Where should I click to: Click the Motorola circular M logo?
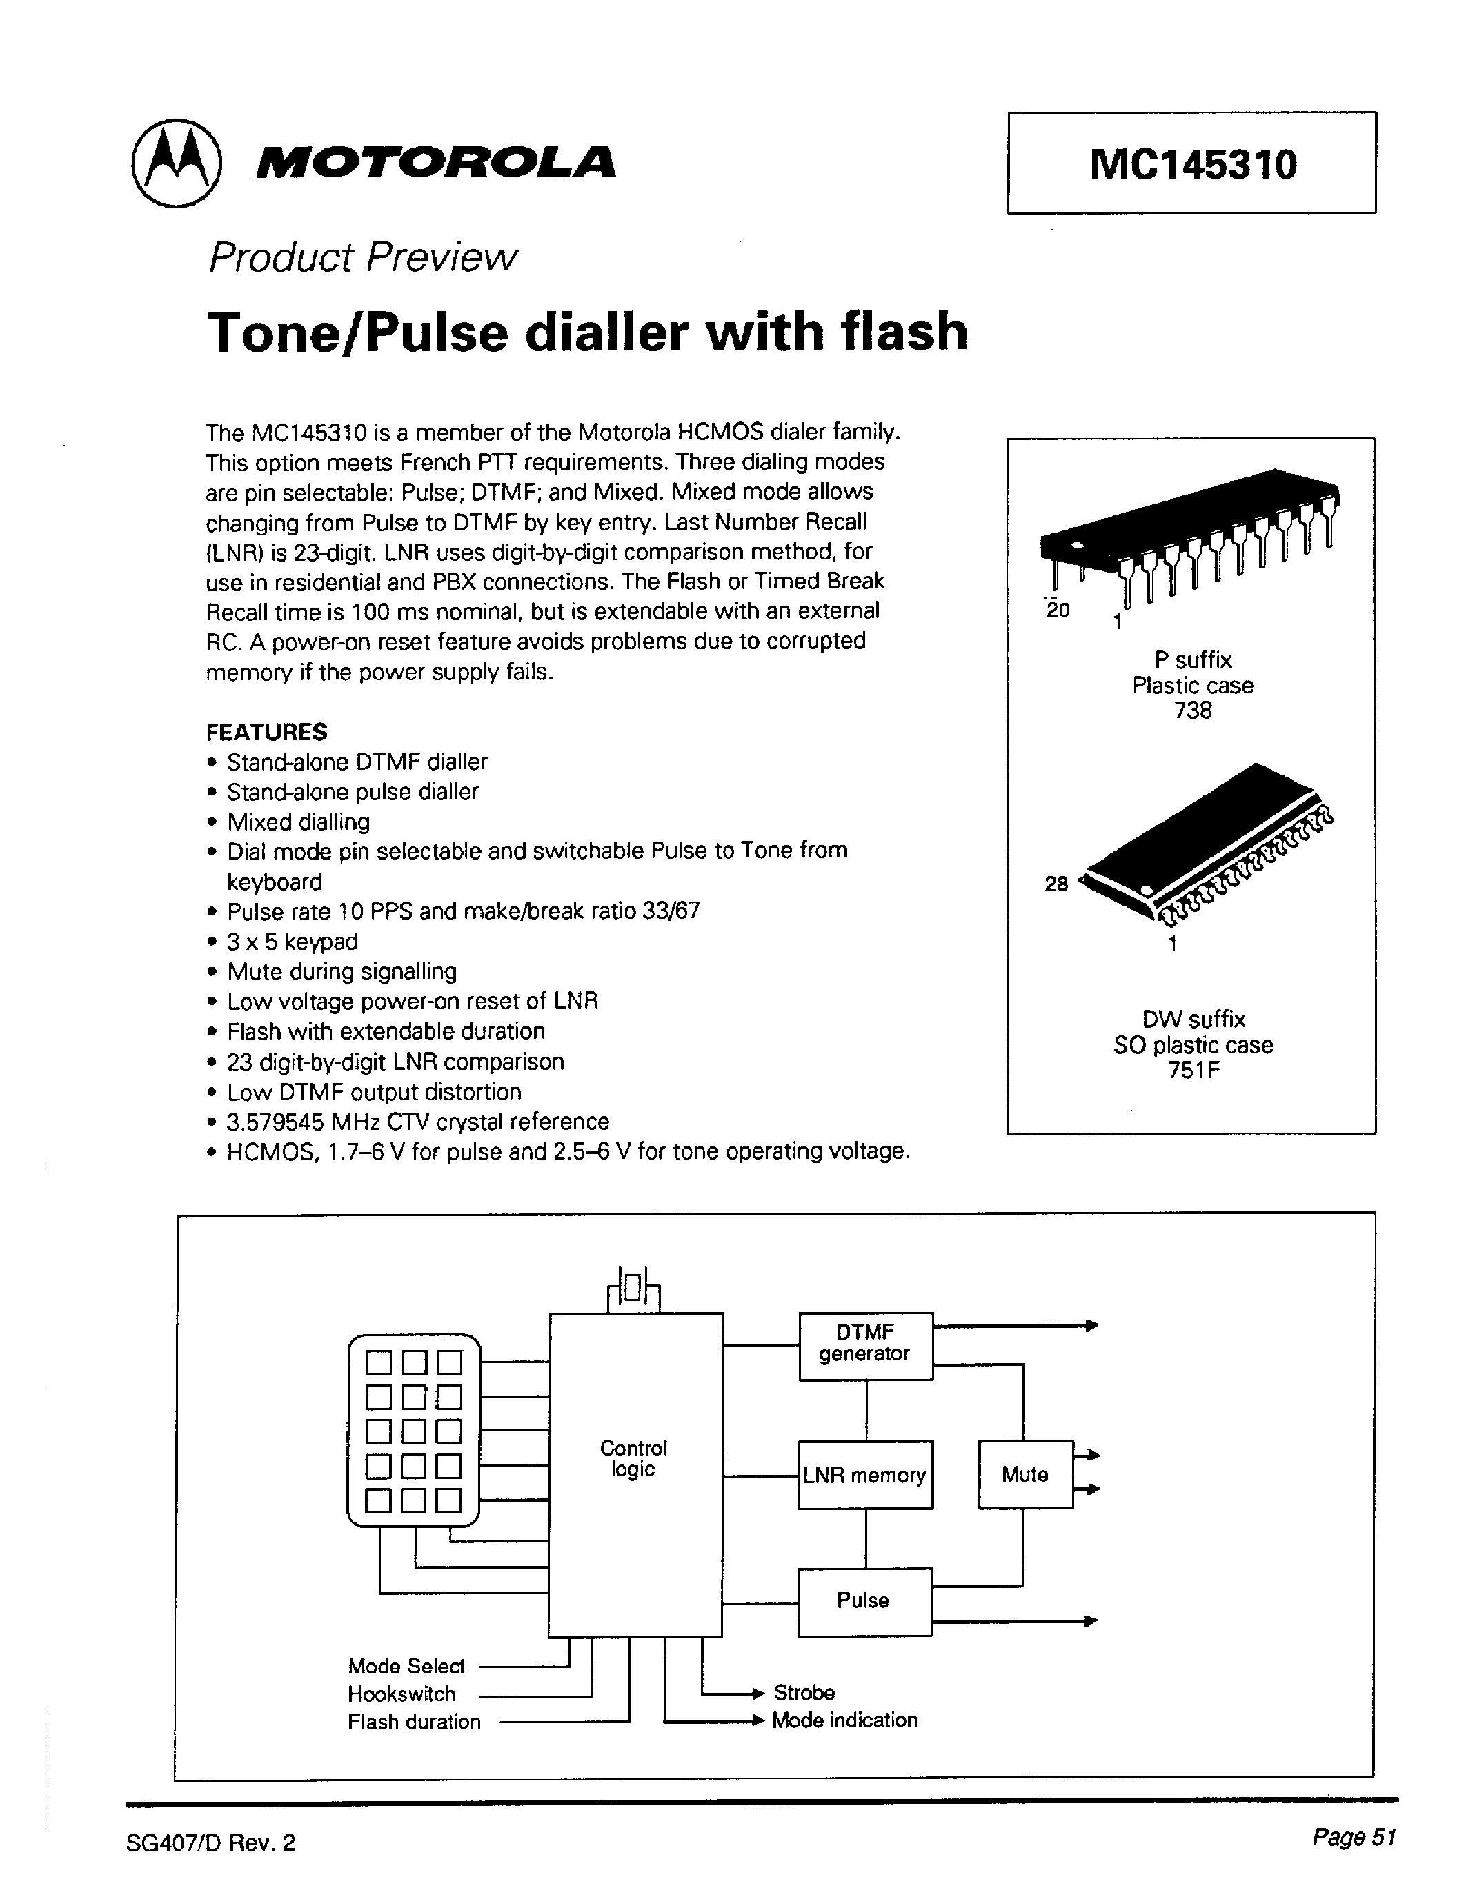(x=177, y=163)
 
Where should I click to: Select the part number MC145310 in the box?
(x=1192, y=164)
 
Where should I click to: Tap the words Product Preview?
(x=362, y=257)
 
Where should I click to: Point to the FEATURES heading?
(x=266, y=732)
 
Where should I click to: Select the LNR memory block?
(x=865, y=1475)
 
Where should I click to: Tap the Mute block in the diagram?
(x=1024, y=1474)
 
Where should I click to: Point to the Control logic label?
(x=634, y=1458)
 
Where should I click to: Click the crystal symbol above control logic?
(x=634, y=1291)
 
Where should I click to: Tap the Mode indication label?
(x=844, y=1720)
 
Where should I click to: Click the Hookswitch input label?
(x=402, y=1694)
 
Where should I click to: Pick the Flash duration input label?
(x=414, y=1722)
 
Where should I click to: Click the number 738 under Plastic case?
(x=1192, y=711)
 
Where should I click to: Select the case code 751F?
(x=1193, y=1070)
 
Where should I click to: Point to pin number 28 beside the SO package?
(x=1056, y=884)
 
